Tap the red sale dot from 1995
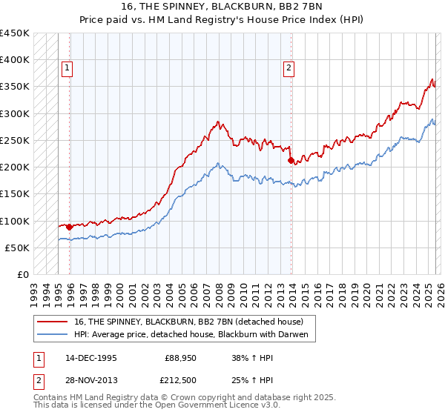pyautogui.click(x=70, y=227)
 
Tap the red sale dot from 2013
pyautogui.click(x=290, y=160)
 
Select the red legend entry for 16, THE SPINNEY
pyautogui.click(x=188, y=322)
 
